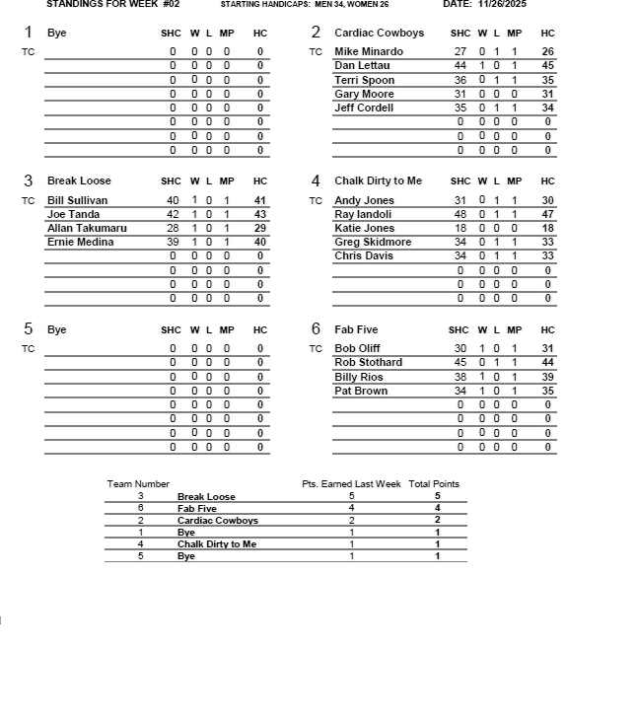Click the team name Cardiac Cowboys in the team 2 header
[x=379, y=33]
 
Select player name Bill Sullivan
[x=78, y=200]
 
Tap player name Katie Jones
[x=364, y=228]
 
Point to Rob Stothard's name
[x=368, y=362]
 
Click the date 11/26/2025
[x=502, y=4]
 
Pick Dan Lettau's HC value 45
[x=547, y=65]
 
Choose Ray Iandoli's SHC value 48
[x=460, y=214]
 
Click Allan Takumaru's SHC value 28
[x=173, y=228]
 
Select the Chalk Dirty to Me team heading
[x=378, y=180]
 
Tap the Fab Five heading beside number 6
[x=356, y=329]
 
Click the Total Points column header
[x=434, y=484]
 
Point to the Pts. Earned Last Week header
[x=351, y=484]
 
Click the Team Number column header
[x=138, y=484]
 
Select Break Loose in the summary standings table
[x=206, y=497]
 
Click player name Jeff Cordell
[x=364, y=108]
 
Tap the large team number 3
[x=28, y=180]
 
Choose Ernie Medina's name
[x=80, y=242]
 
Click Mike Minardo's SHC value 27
[x=460, y=51]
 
